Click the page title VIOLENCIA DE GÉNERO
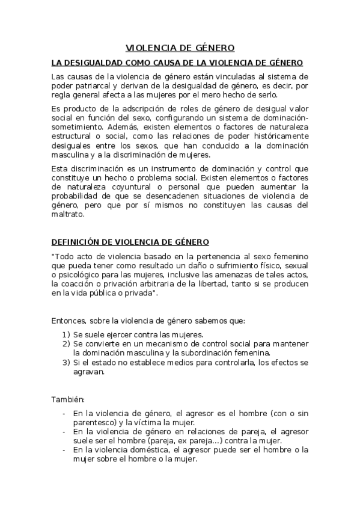(x=180, y=48)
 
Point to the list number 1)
(x=66, y=334)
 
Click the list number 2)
(x=66, y=343)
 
